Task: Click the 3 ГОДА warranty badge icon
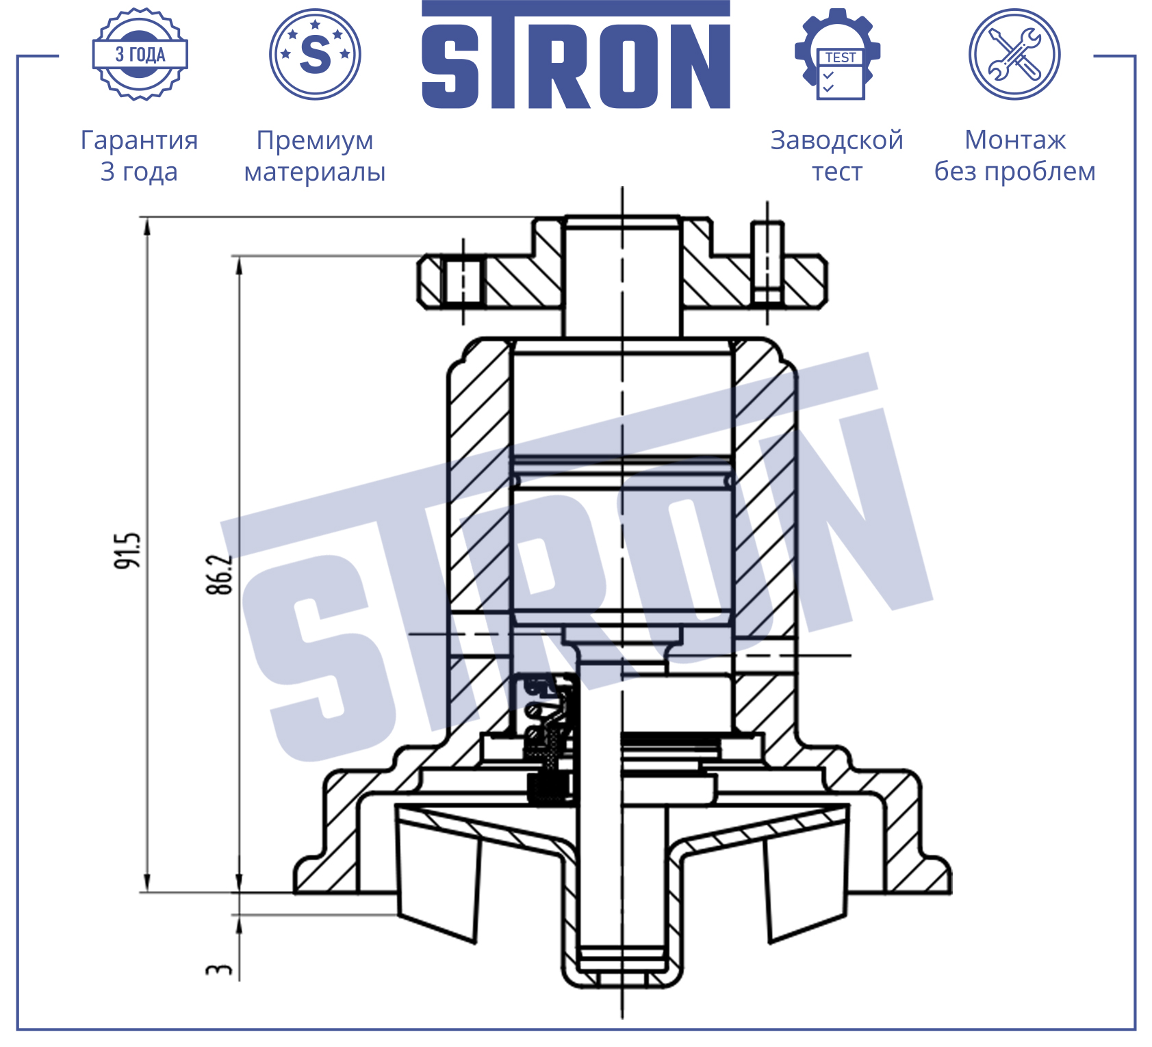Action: [140, 54]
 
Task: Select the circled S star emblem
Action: [315, 54]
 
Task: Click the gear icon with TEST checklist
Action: [837, 54]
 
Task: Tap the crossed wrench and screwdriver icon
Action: [1014, 54]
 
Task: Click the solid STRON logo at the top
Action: [576, 55]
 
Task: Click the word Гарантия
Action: [140, 140]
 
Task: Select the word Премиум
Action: [315, 140]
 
